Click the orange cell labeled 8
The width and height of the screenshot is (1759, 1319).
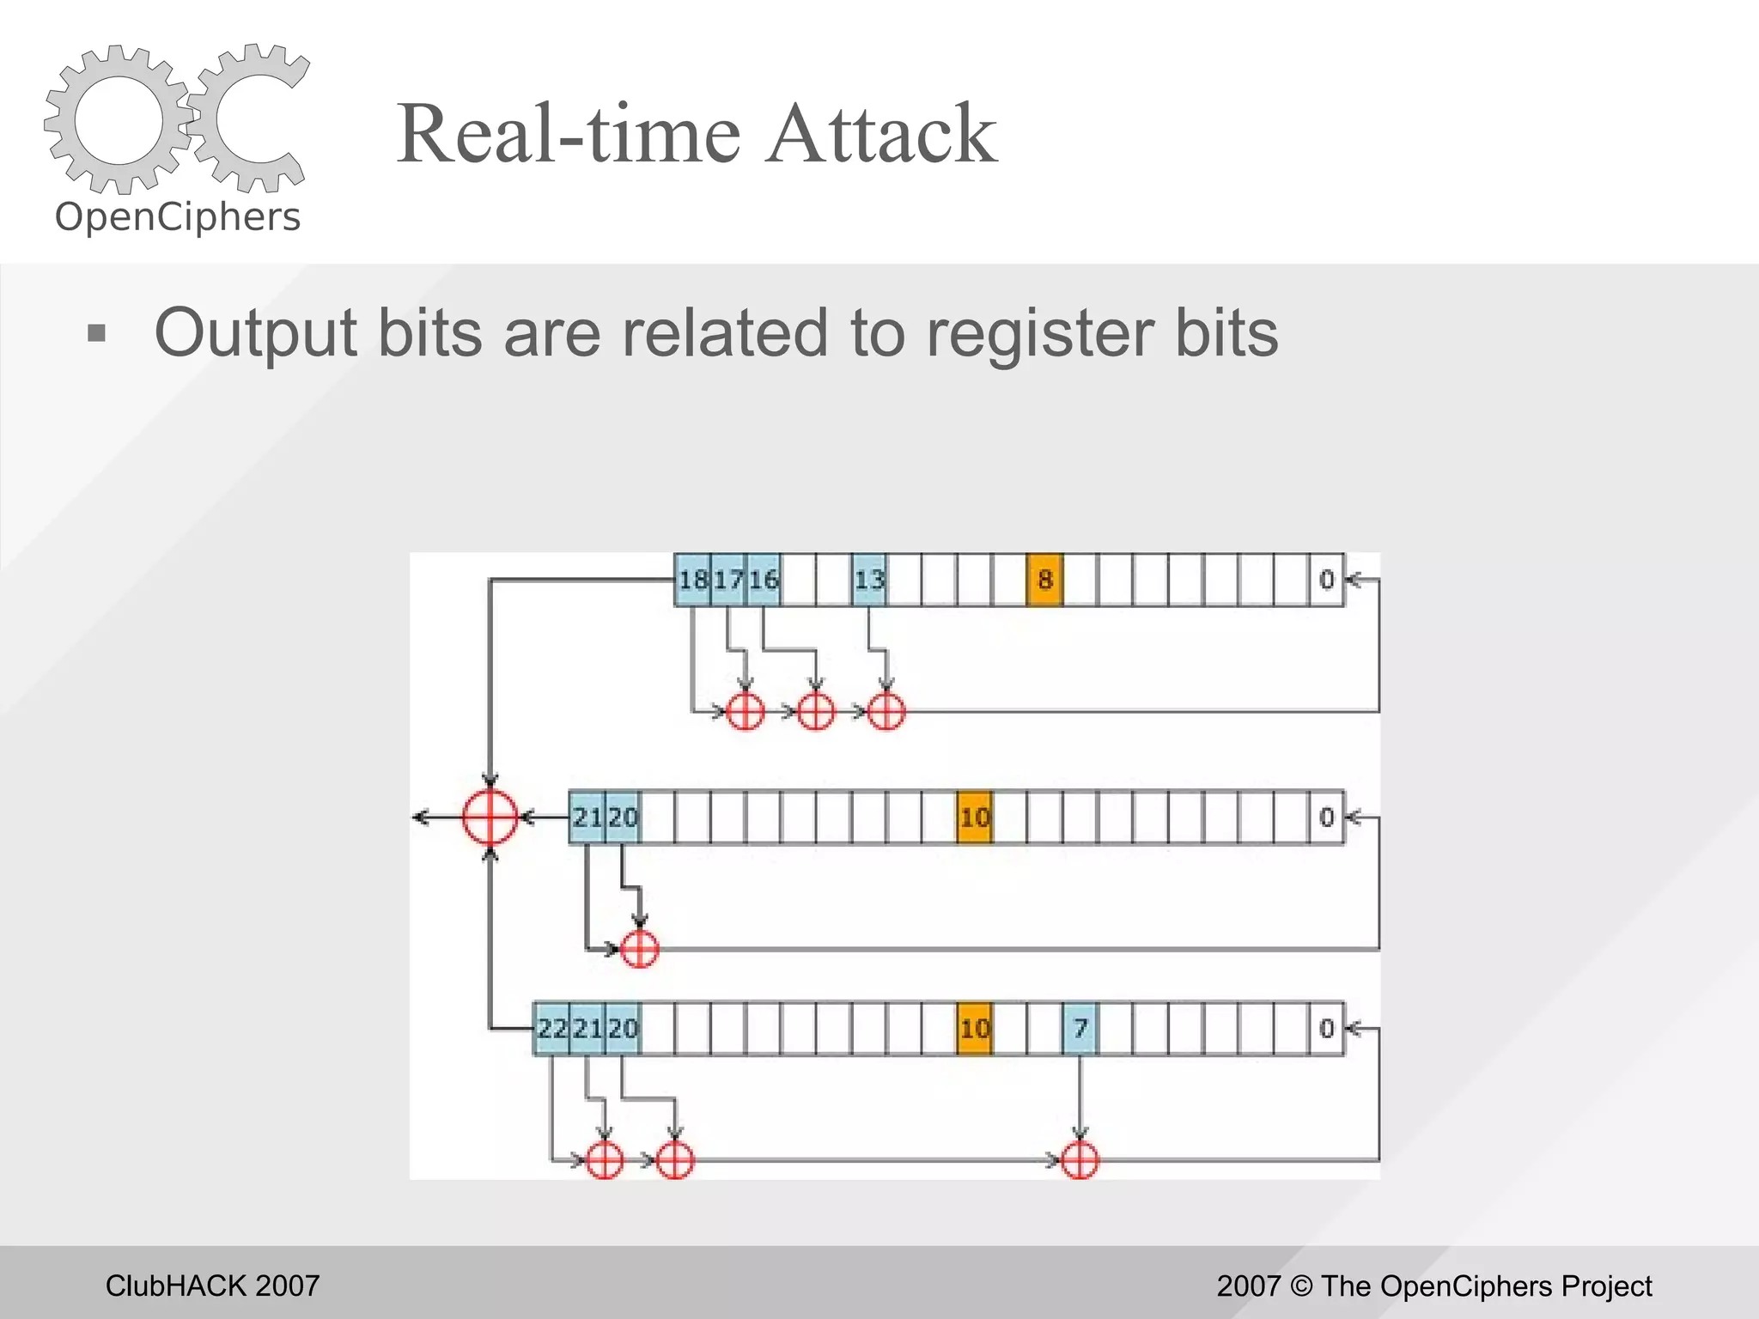coord(1044,580)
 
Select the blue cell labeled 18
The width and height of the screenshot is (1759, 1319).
coord(692,580)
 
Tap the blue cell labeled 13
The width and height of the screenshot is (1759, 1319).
coord(869,580)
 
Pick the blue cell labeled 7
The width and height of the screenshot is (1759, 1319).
coord(1080,1028)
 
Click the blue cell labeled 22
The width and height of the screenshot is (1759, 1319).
coord(552,1028)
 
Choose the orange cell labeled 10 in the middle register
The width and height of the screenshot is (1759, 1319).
coord(974,817)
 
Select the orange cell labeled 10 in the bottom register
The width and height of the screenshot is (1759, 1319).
coord(974,1028)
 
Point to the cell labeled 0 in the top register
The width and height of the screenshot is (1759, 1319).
coord(1326,580)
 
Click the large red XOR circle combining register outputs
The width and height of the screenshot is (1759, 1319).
coord(490,817)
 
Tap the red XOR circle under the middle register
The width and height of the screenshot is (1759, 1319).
coord(639,949)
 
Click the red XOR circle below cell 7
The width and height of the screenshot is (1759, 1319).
coord(1080,1161)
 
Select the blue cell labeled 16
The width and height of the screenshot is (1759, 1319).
coord(764,580)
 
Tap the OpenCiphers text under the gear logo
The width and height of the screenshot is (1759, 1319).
coord(178,217)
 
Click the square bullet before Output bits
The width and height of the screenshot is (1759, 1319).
coord(97,333)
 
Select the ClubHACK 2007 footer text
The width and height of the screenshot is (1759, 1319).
coord(212,1286)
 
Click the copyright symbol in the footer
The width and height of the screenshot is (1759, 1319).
coord(1301,1286)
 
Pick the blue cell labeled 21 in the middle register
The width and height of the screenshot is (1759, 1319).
coord(587,817)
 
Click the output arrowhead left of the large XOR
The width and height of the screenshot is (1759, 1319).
coord(421,817)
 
